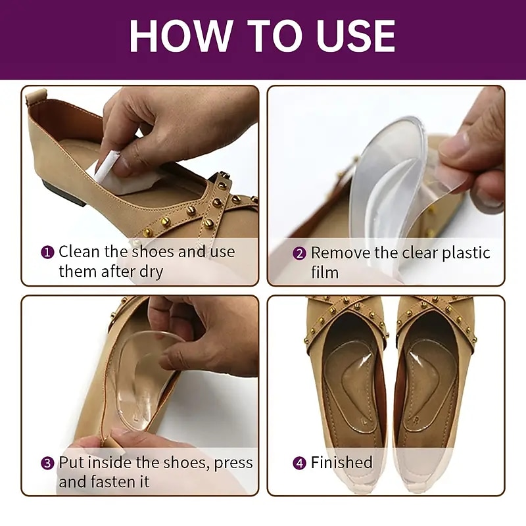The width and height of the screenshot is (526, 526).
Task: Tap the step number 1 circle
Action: [x=48, y=252]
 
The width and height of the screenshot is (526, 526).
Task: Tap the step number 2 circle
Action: [x=300, y=253]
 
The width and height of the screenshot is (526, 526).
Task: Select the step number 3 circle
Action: [x=48, y=463]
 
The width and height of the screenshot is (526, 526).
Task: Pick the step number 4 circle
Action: [x=300, y=463]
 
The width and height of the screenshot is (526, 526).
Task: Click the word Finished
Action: [x=341, y=463]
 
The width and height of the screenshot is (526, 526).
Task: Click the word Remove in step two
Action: [x=341, y=253]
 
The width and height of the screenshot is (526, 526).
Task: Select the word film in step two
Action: [x=324, y=272]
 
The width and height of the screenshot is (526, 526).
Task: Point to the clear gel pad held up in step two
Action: [x=381, y=184]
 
